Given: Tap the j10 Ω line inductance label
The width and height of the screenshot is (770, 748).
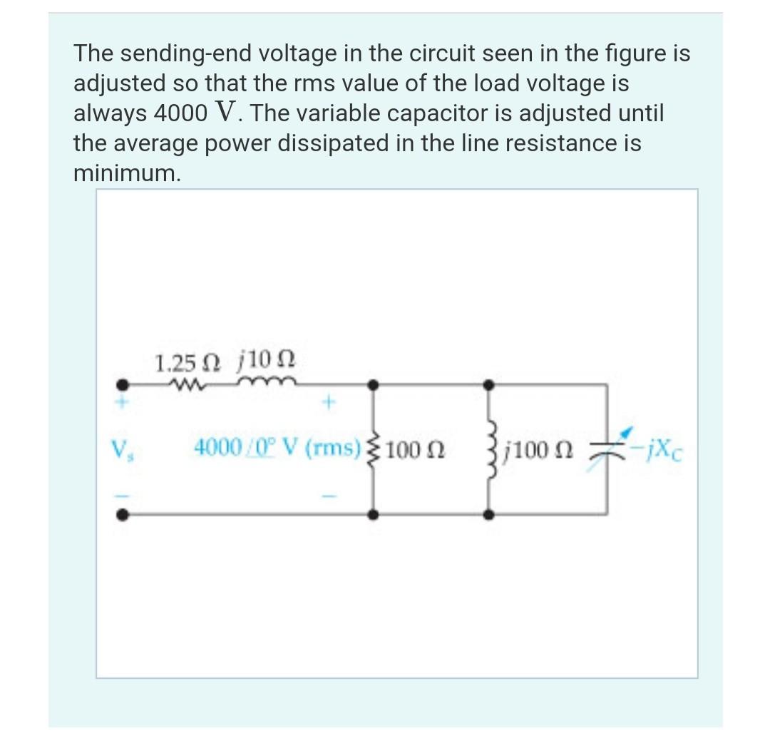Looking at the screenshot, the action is (x=264, y=363).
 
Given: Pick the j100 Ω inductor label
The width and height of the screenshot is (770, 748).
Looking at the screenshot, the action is (x=535, y=450).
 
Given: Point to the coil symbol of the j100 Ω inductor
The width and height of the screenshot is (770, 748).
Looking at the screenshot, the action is (x=489, y=449).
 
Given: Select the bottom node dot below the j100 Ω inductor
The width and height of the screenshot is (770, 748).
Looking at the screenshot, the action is (x=489, y=513).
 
